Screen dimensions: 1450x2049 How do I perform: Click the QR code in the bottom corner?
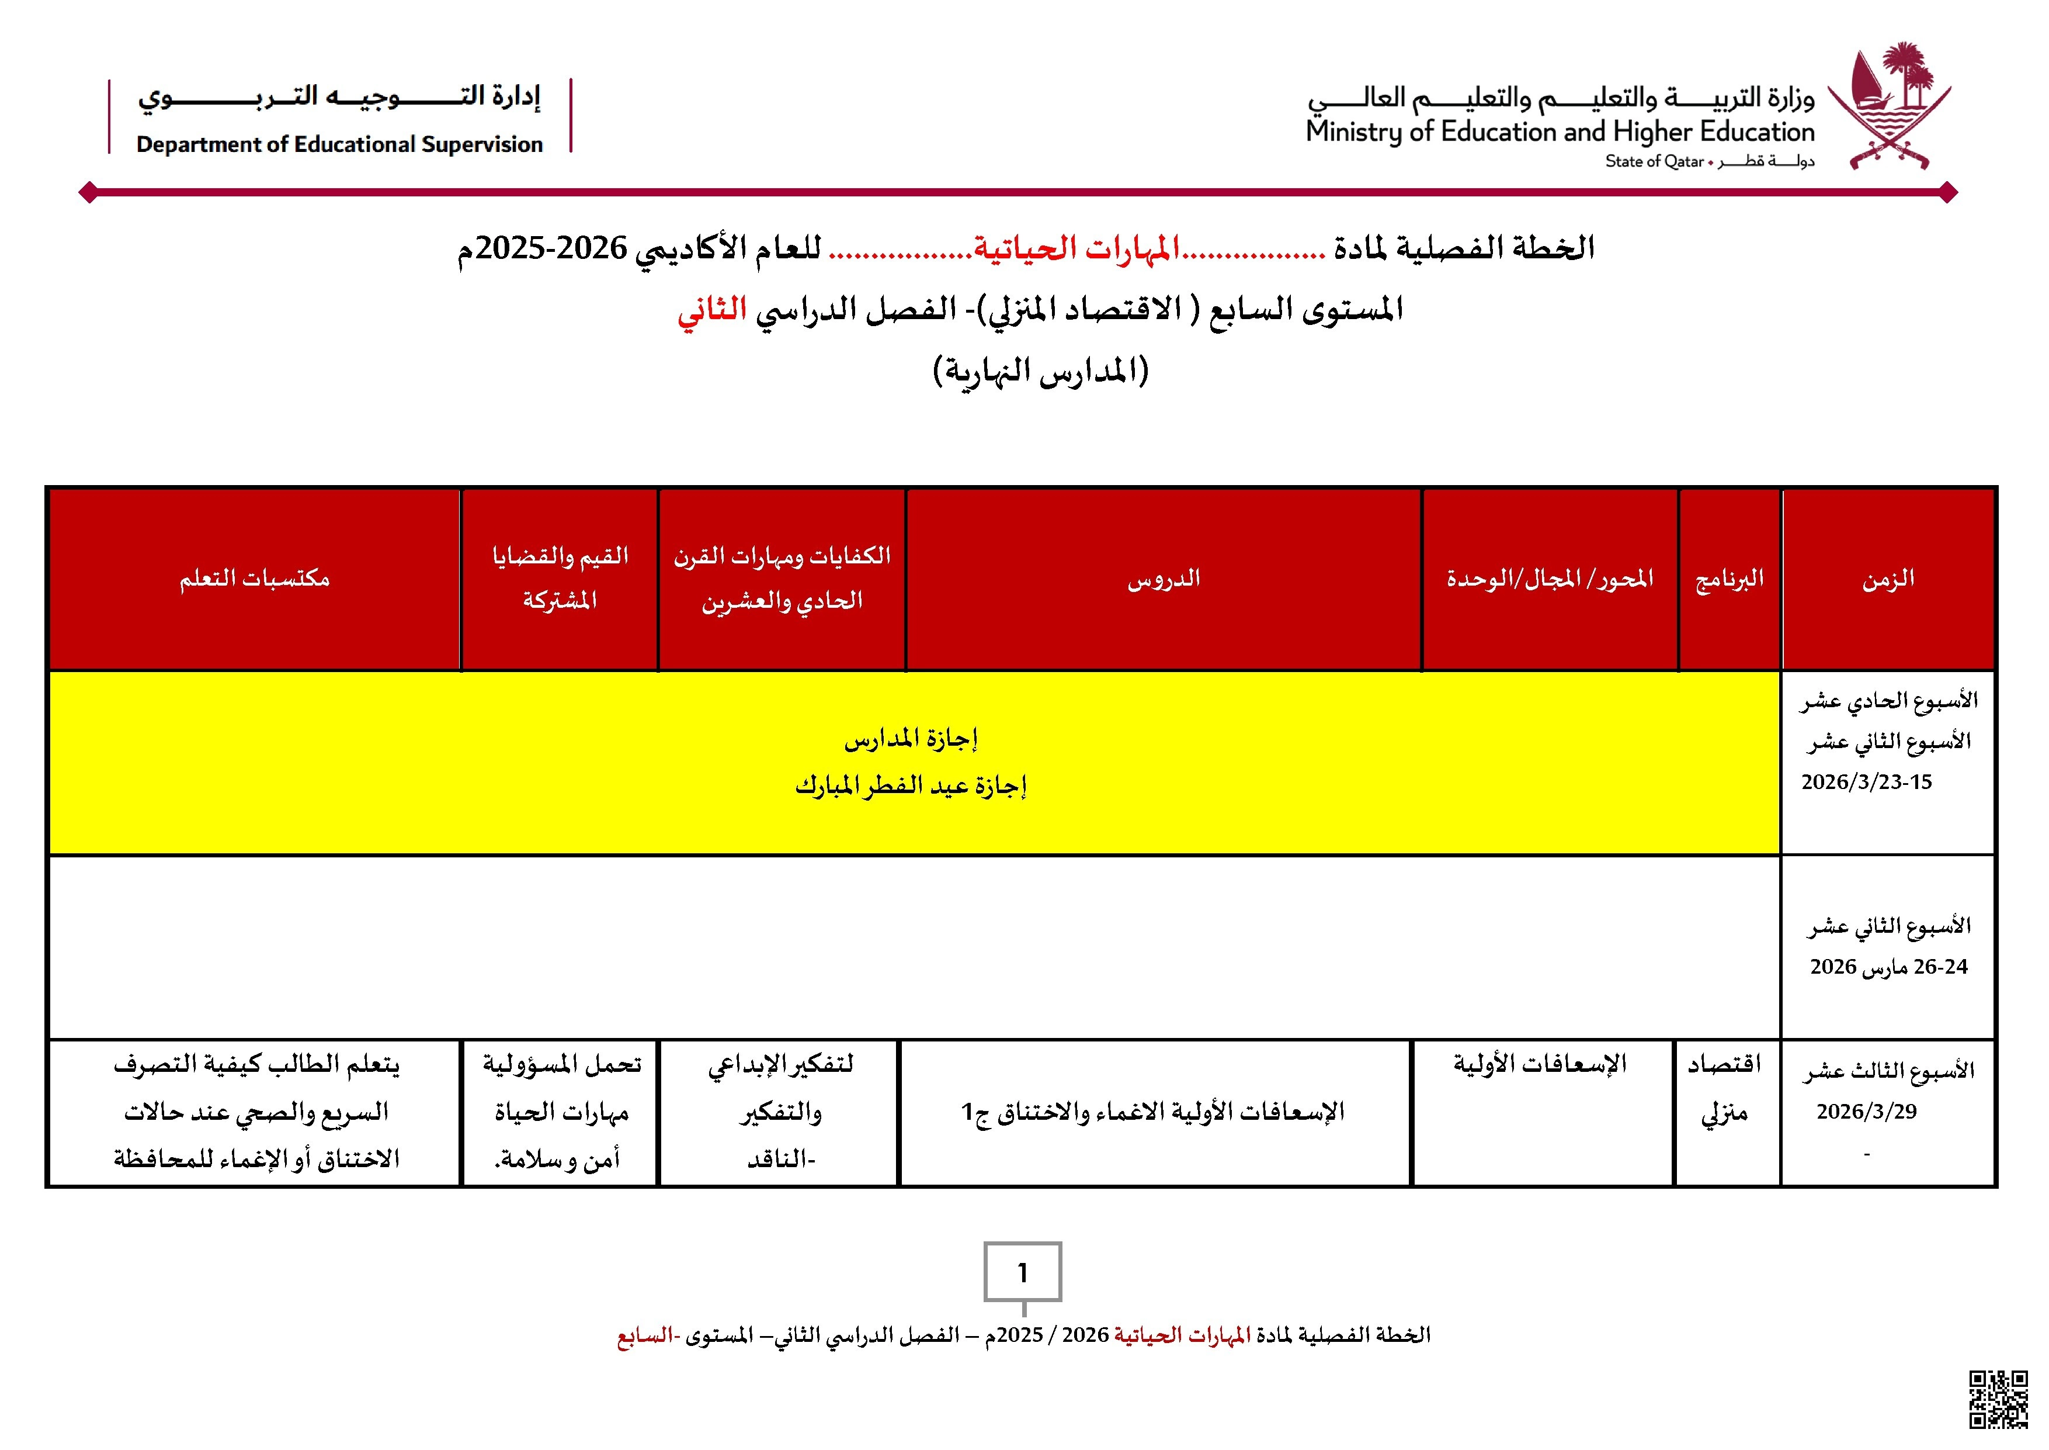1998,1399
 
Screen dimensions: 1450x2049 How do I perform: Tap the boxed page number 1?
1023,1271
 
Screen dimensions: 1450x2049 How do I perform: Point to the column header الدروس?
1163,579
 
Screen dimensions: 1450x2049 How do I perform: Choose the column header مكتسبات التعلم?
254,579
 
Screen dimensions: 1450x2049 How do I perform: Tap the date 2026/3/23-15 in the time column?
1866,782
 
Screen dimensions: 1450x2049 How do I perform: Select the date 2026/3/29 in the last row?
1866,1112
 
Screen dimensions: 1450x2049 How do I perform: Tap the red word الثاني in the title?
711,310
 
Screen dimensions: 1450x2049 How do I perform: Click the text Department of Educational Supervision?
339,144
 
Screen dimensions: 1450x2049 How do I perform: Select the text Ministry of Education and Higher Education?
1560,132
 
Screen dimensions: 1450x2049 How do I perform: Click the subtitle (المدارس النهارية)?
1041,369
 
